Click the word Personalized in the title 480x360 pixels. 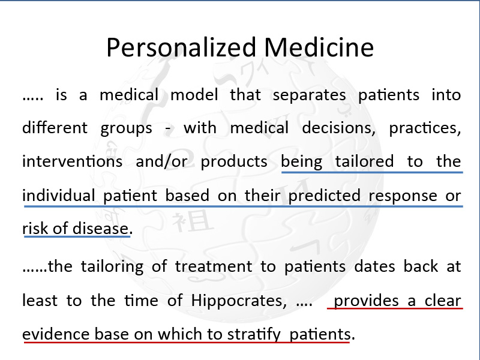(x=181, y=48)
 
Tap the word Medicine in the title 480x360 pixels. (x=319, y=47)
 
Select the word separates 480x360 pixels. (x=309, y=95)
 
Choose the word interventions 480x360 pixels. (x=72, y=161)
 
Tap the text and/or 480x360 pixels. (x=161, y=161)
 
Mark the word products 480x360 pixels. (x=234, y=161)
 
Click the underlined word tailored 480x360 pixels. (x=364, y=161)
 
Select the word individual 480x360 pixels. (x=58, y=195)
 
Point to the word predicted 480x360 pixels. (x=324, y=196)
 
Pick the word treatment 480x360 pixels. (x=214, y=266)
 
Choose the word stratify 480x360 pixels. (x=254, y=334)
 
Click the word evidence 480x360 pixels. (x=56, y=334)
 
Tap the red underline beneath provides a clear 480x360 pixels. (x=395, y=308)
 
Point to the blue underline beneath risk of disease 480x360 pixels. (x=77, y=236)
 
